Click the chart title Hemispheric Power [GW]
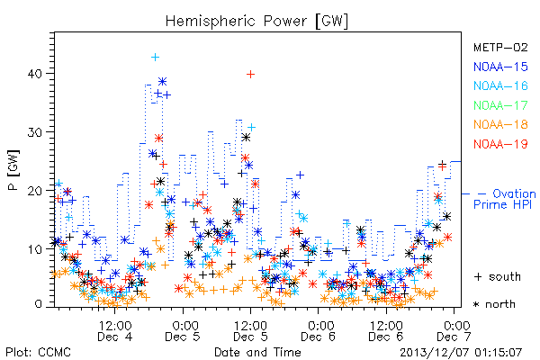(256, 21)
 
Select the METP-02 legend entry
(500, 47)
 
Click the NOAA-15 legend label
(500, 67)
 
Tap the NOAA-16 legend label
(500, 85)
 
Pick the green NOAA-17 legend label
(500, 105)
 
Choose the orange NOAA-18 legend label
(500, 124)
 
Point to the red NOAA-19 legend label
(500, 144)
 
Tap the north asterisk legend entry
(494, 304)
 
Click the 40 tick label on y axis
(35, 74)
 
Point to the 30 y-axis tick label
(35, 132)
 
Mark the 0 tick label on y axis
(39, 304)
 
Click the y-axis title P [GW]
(13, 170)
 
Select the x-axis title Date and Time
(257, 352)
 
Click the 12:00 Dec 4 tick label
(115, 331)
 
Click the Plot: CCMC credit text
(38, 352)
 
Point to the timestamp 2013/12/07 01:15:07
(461, 353)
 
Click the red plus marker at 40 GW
(250, 74)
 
